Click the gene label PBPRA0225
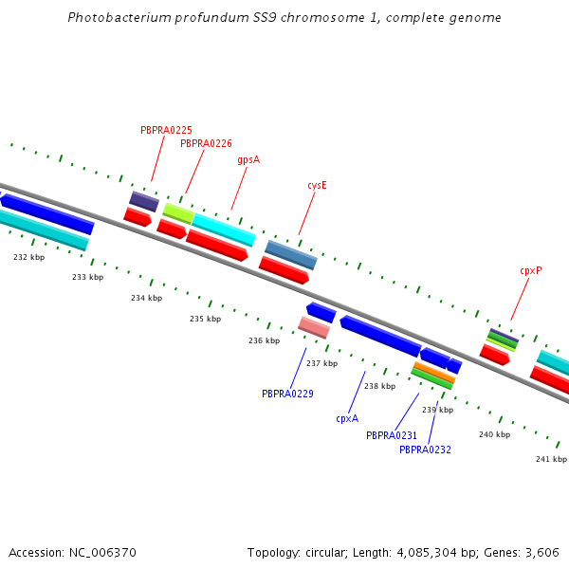[166, 130]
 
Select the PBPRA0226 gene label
[206, 144]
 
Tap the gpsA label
[248, 160]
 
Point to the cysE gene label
[317, 186]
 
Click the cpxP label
[530, 270]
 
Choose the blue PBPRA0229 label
[287, 394]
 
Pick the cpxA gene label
[347, 418]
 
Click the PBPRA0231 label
[392, 435]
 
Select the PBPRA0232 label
[425, 450]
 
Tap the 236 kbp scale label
[264, 340]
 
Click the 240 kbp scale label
[494, 434]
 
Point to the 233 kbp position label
[87, 277]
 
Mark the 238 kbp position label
[379, 386]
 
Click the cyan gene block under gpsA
[224, 229]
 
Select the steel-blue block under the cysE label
[291, 254]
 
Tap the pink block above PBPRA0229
[314, 327]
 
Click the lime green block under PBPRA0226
[178, 212]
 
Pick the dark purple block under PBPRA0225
[144, 201]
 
